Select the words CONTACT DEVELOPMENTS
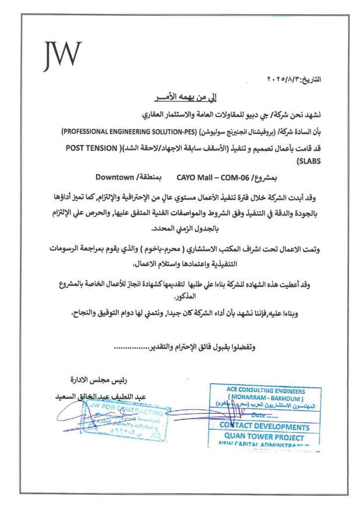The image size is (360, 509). (265, 426)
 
